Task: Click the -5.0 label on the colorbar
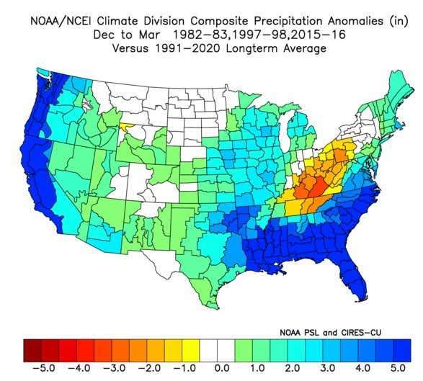(x=45, y=368)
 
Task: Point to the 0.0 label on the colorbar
(x=222, y=368)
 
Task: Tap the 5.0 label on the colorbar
(x=398, y=368)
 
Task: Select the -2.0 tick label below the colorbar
(x=149, y=368)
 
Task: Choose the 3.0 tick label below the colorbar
(x=328, y=368)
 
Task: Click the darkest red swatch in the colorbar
(x=32, y=351)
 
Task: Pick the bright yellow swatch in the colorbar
(x=191, y=351)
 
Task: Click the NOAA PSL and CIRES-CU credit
(x=331, y=332)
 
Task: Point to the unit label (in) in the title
(x=398, y=21)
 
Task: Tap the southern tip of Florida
(x=360, y=300)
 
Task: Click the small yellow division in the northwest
(x=125, y=127)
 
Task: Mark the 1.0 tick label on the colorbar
(x=257, y=368)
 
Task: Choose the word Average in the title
(x=305, y=48)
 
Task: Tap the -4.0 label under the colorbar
(x=79, y=368)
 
